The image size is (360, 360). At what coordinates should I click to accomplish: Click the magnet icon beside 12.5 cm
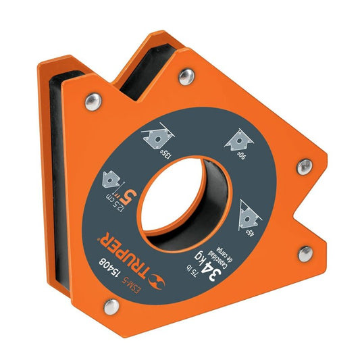109,180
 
